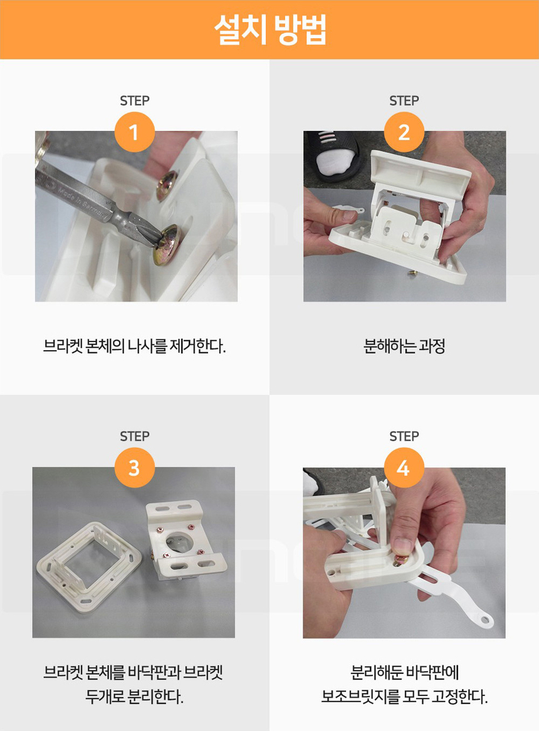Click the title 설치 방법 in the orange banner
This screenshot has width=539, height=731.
(x=270, y=29)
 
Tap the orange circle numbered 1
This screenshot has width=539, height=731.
(x=134, y=132)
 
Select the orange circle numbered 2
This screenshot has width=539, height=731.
(x=404, y=132)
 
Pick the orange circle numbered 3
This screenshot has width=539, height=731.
(x=134, y=467)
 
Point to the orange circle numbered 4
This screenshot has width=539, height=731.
(x=404, y=467)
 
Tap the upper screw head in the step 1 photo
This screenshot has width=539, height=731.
(x=166, y=185)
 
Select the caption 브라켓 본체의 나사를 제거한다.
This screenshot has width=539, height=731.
(x=134, y=346)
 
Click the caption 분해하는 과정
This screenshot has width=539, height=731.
(x=404, y=346)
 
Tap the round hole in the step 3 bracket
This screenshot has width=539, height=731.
(x=178, y=542)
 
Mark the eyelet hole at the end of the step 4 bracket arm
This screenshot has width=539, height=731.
(x=485, y=620)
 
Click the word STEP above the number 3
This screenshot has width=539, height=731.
(x=134, y=437)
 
